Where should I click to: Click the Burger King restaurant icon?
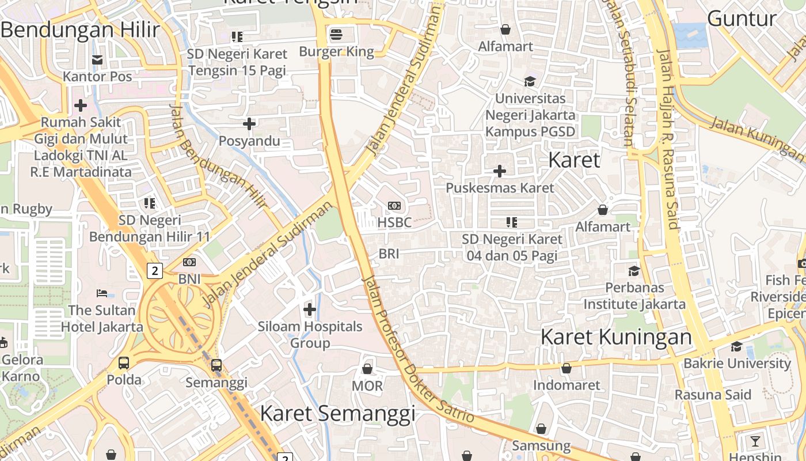point(336,35)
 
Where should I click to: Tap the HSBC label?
point(395,222)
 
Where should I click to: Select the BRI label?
point(389,254)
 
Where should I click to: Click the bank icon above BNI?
point(189,262)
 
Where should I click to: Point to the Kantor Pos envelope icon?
point(97,59)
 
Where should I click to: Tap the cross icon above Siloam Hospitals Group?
point(310,309)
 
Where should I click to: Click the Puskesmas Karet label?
point(500,188)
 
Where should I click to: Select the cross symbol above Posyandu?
point(249,124)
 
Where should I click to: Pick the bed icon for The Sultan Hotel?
point(102,293)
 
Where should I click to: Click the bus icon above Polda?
point(124,363)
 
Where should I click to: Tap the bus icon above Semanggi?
point(216,365)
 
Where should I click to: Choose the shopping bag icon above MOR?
point(367,369)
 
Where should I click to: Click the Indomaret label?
point(567,385)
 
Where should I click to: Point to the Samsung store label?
point(541,445)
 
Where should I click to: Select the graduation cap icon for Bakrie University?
point(736,346)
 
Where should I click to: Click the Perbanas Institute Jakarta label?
point(634,296)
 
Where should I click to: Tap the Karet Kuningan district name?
point(616,337)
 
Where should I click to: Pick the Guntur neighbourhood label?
point(742,18)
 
